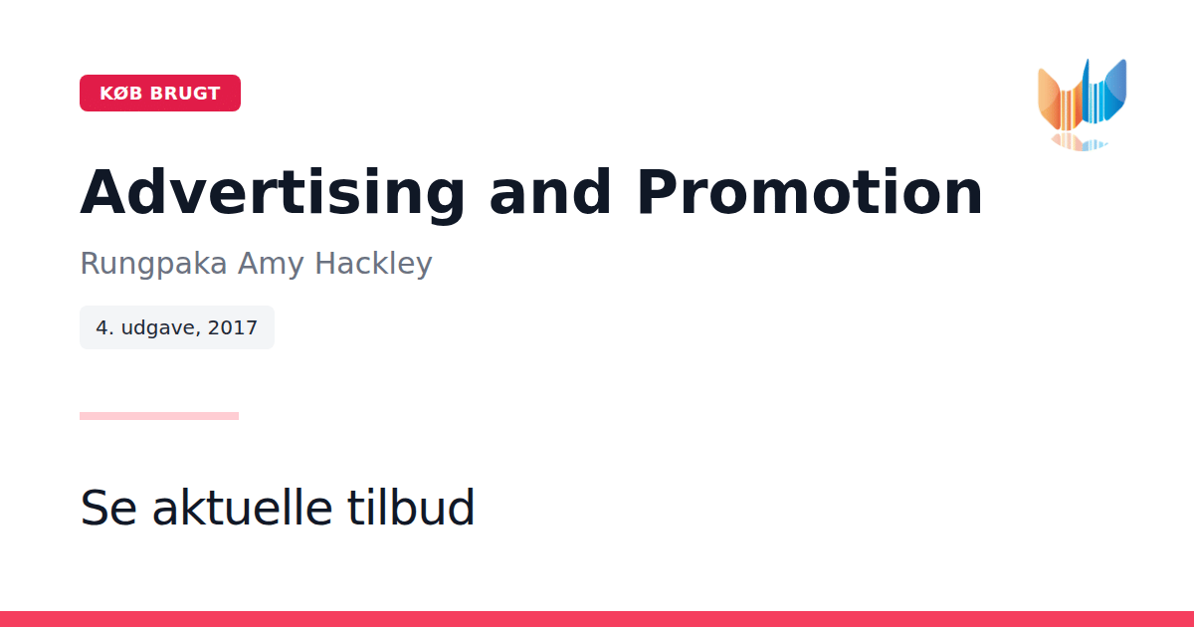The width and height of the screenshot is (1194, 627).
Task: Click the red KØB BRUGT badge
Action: tap(160, 93)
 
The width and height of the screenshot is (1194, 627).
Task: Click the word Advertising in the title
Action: tap(273, 193)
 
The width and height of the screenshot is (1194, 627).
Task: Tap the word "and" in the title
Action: tap(550, 191)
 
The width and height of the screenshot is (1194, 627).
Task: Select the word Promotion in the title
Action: tap(810, 191)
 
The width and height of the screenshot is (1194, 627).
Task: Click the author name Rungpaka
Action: tap(153, 264)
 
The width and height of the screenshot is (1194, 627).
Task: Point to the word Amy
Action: tap(271, 264)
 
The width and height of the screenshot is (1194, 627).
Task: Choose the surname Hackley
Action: tap(373, 264)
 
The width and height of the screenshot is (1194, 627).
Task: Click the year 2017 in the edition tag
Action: tap(233, 327)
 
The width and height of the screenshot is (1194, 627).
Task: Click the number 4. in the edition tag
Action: tap(105, 327)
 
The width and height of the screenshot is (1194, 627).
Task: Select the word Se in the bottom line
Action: tap(108, 508)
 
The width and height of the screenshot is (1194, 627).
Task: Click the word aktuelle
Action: tap(243, 507)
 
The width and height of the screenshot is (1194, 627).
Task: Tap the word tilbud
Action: tap(410, 507)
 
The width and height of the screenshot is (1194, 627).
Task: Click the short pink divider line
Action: tap(159, 416)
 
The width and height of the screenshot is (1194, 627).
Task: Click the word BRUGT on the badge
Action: tap(185, 94)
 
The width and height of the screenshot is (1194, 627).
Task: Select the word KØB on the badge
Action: tap(121, 94)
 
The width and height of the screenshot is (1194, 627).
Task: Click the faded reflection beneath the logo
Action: tap(1079, 141)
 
